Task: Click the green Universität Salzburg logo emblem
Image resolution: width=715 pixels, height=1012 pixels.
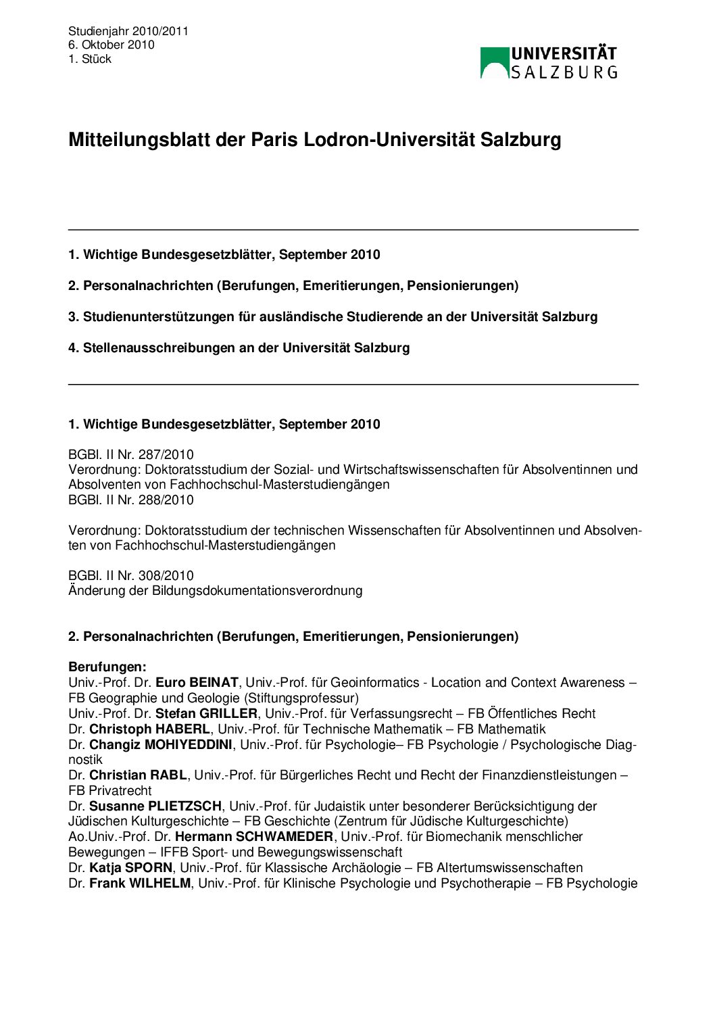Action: tap(495, 62)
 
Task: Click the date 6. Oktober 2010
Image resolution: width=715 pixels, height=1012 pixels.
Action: tap(111, 45)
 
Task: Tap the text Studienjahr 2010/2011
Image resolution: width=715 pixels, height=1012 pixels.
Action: tap(128, 31)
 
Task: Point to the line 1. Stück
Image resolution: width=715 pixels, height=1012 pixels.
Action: tap(90, 59)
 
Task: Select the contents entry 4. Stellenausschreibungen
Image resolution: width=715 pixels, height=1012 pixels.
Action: tap(239, 348)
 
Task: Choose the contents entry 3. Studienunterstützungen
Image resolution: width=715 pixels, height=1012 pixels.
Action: tap(332, 317)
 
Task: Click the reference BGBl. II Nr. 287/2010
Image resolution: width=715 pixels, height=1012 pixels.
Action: tap(130, 454)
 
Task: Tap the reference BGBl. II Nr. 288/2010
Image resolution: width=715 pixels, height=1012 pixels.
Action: tap(130, 500)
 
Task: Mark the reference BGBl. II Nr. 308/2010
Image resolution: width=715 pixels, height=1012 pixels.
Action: tap(130, 576)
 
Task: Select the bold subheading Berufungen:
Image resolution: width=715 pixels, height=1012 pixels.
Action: tap(107, 667)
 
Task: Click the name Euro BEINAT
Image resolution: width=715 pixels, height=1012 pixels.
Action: tap(197, 683)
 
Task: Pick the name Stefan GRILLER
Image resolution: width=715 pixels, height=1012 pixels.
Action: tap(206, 714)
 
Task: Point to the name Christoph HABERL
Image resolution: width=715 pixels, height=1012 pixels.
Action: tap(149, 729)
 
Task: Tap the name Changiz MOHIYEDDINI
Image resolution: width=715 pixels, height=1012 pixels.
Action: tap(161, 745)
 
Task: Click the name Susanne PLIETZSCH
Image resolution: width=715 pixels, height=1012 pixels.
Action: tap(155, 806)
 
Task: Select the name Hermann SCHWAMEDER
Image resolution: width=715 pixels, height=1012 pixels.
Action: tap(253, 837)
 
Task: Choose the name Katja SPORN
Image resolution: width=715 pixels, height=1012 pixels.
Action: tap(130, 868)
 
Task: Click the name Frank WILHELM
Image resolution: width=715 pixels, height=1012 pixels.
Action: tap(140, 884)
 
